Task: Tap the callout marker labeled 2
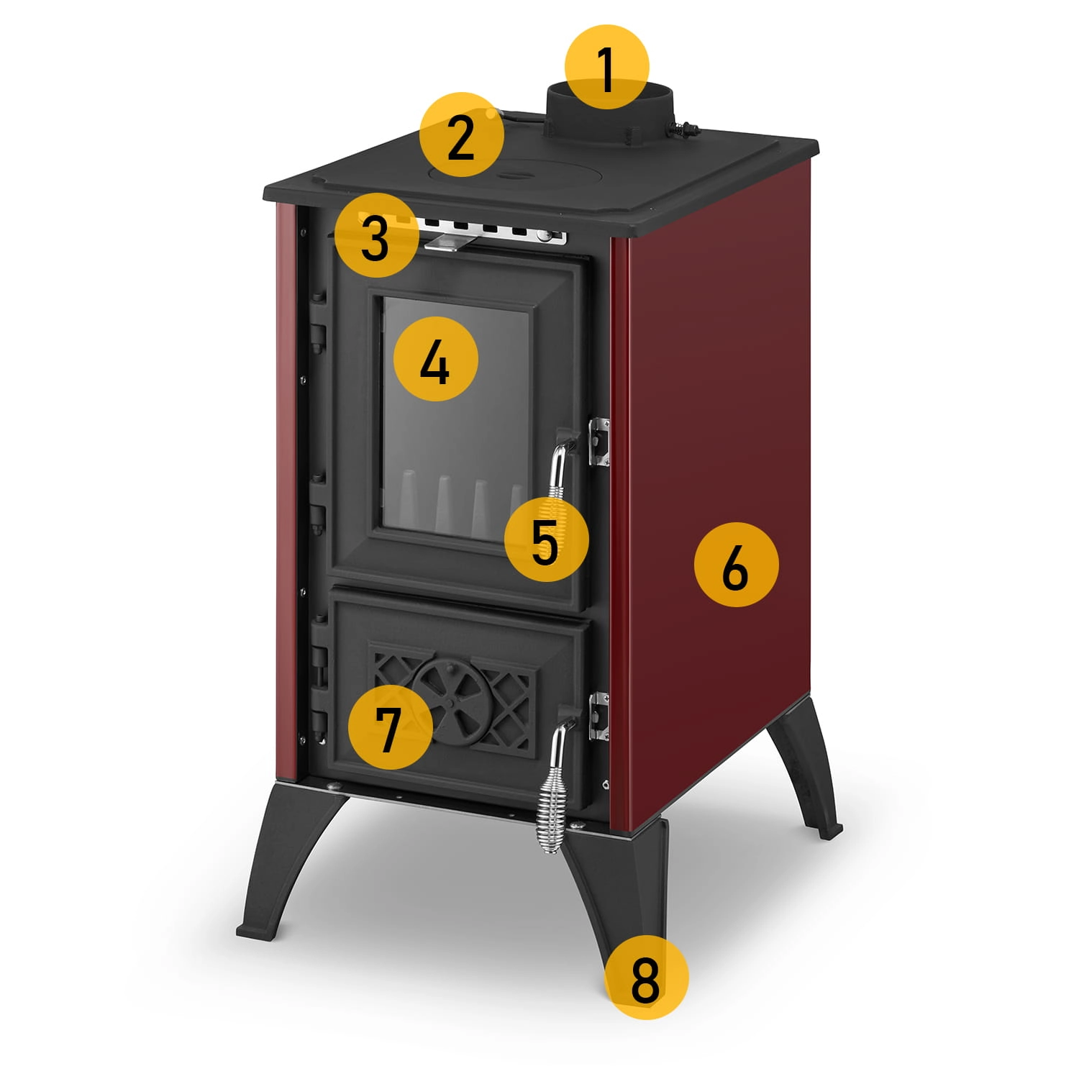[x=461, y=135]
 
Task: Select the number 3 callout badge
[x=375, y=235]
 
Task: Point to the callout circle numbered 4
[x=436, y=360]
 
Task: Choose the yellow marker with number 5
[x=546, y=539]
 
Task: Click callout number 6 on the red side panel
[x=736, y=565]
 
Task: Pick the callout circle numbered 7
[x=390, y=726]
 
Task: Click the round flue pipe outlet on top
[x=610, y=115]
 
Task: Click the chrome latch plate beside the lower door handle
[x=599, y=716]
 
